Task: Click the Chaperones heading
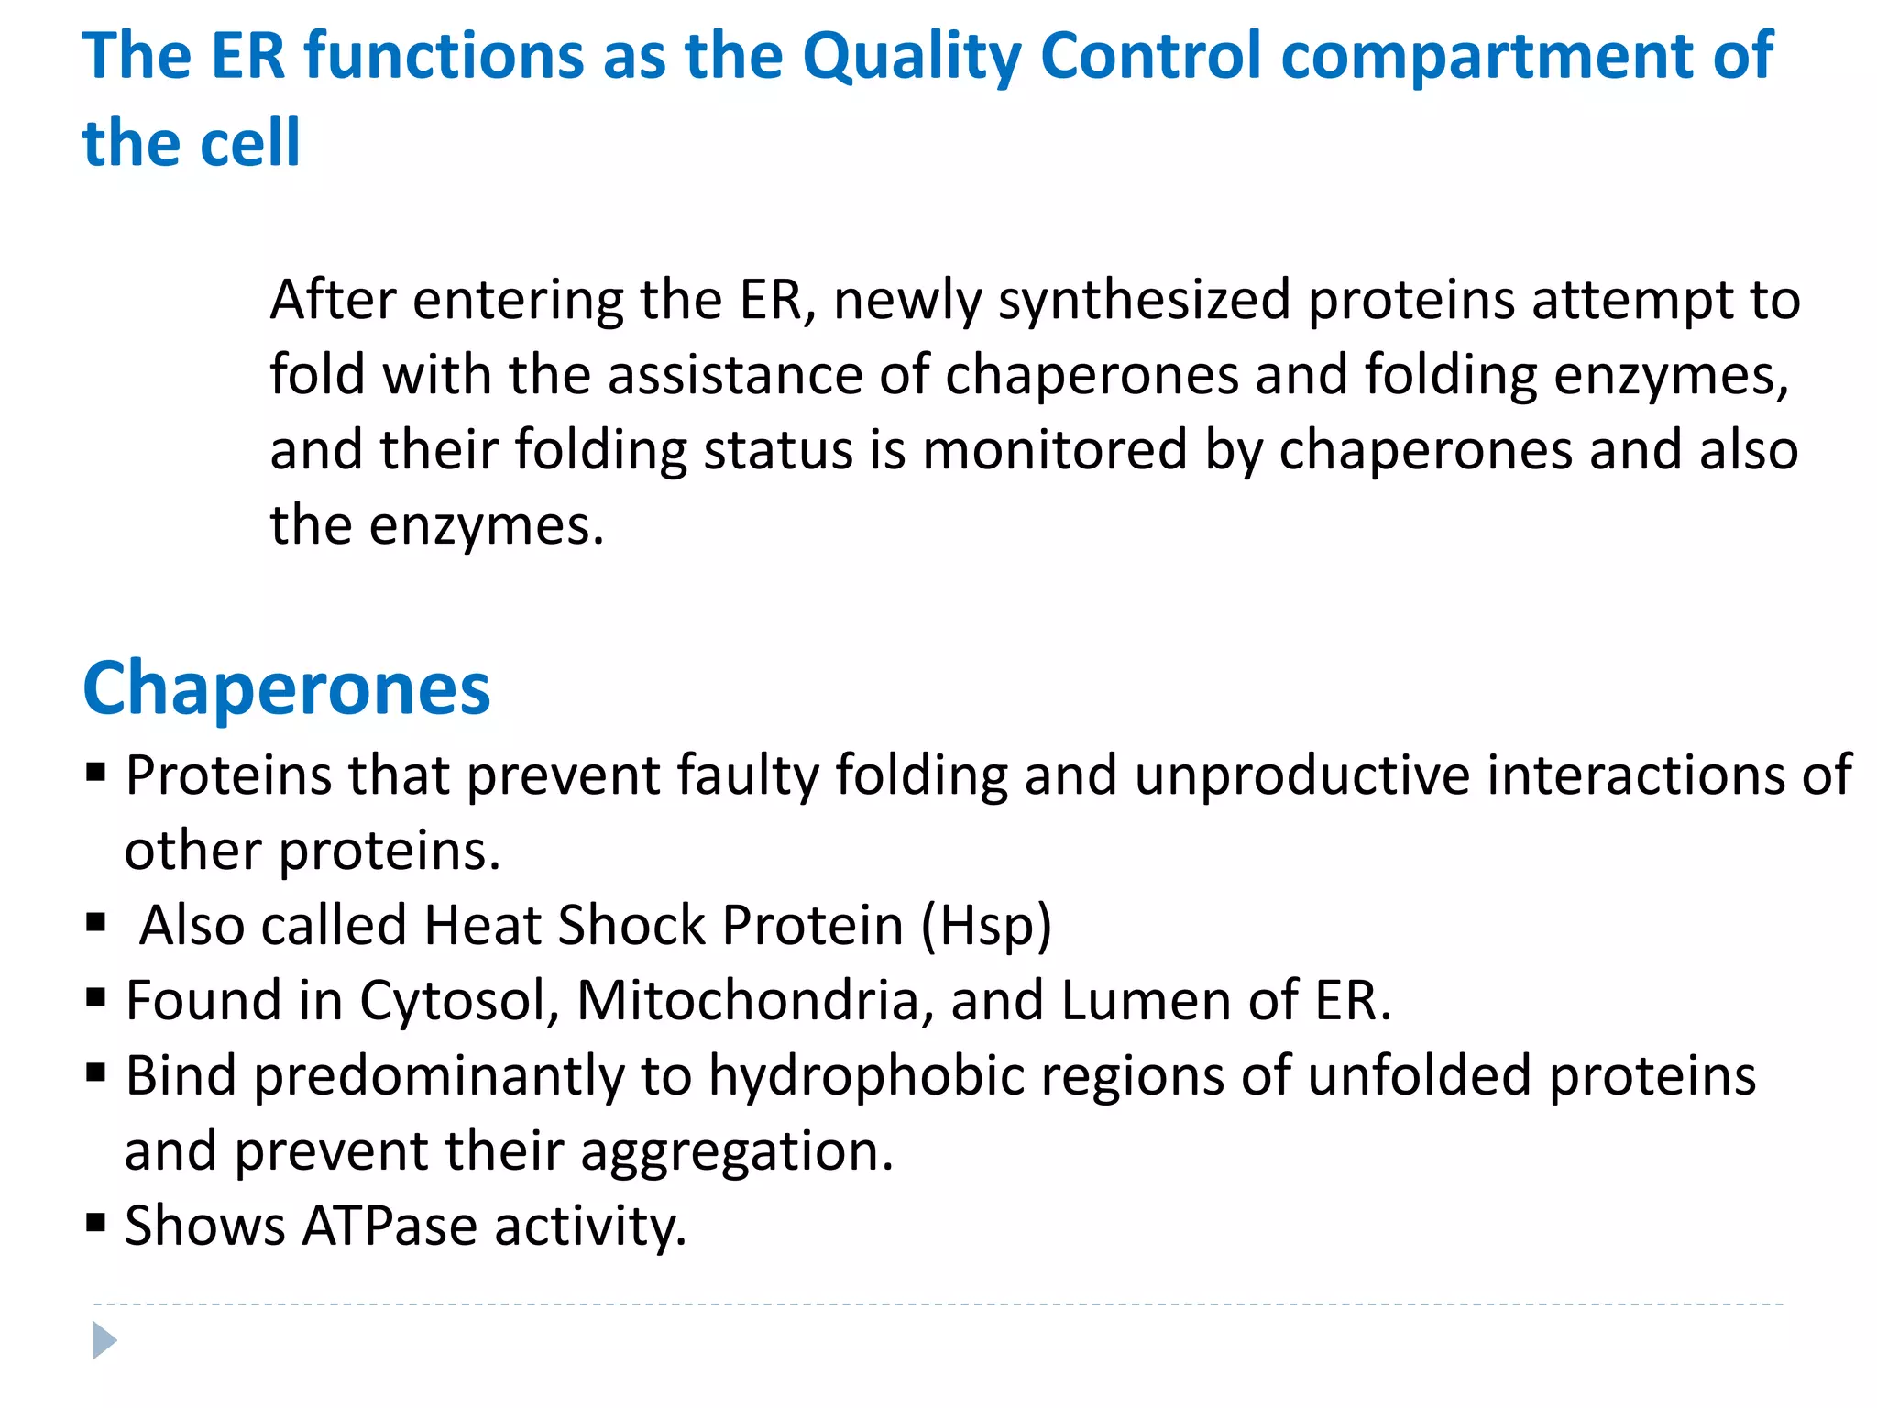pos(287,688)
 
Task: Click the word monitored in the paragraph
pos(1054,451)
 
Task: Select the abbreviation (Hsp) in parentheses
pos(986,925)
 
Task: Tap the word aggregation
pos(736,1151)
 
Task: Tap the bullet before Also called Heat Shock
pos(96,921)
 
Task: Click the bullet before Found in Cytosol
pos(96,996)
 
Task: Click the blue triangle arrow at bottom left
pos(104,1341)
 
